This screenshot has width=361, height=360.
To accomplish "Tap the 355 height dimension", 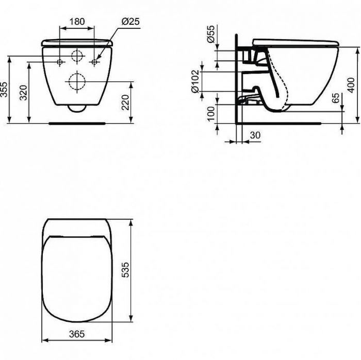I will point(5,90).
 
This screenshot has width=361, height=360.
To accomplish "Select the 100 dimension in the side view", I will point(210,114).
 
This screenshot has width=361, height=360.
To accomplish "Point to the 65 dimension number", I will point(336,98).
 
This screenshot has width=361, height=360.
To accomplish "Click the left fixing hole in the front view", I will point(60,62).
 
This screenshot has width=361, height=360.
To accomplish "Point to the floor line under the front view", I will point(77,124).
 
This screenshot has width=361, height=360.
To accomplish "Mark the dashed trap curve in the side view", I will point(282,82).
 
